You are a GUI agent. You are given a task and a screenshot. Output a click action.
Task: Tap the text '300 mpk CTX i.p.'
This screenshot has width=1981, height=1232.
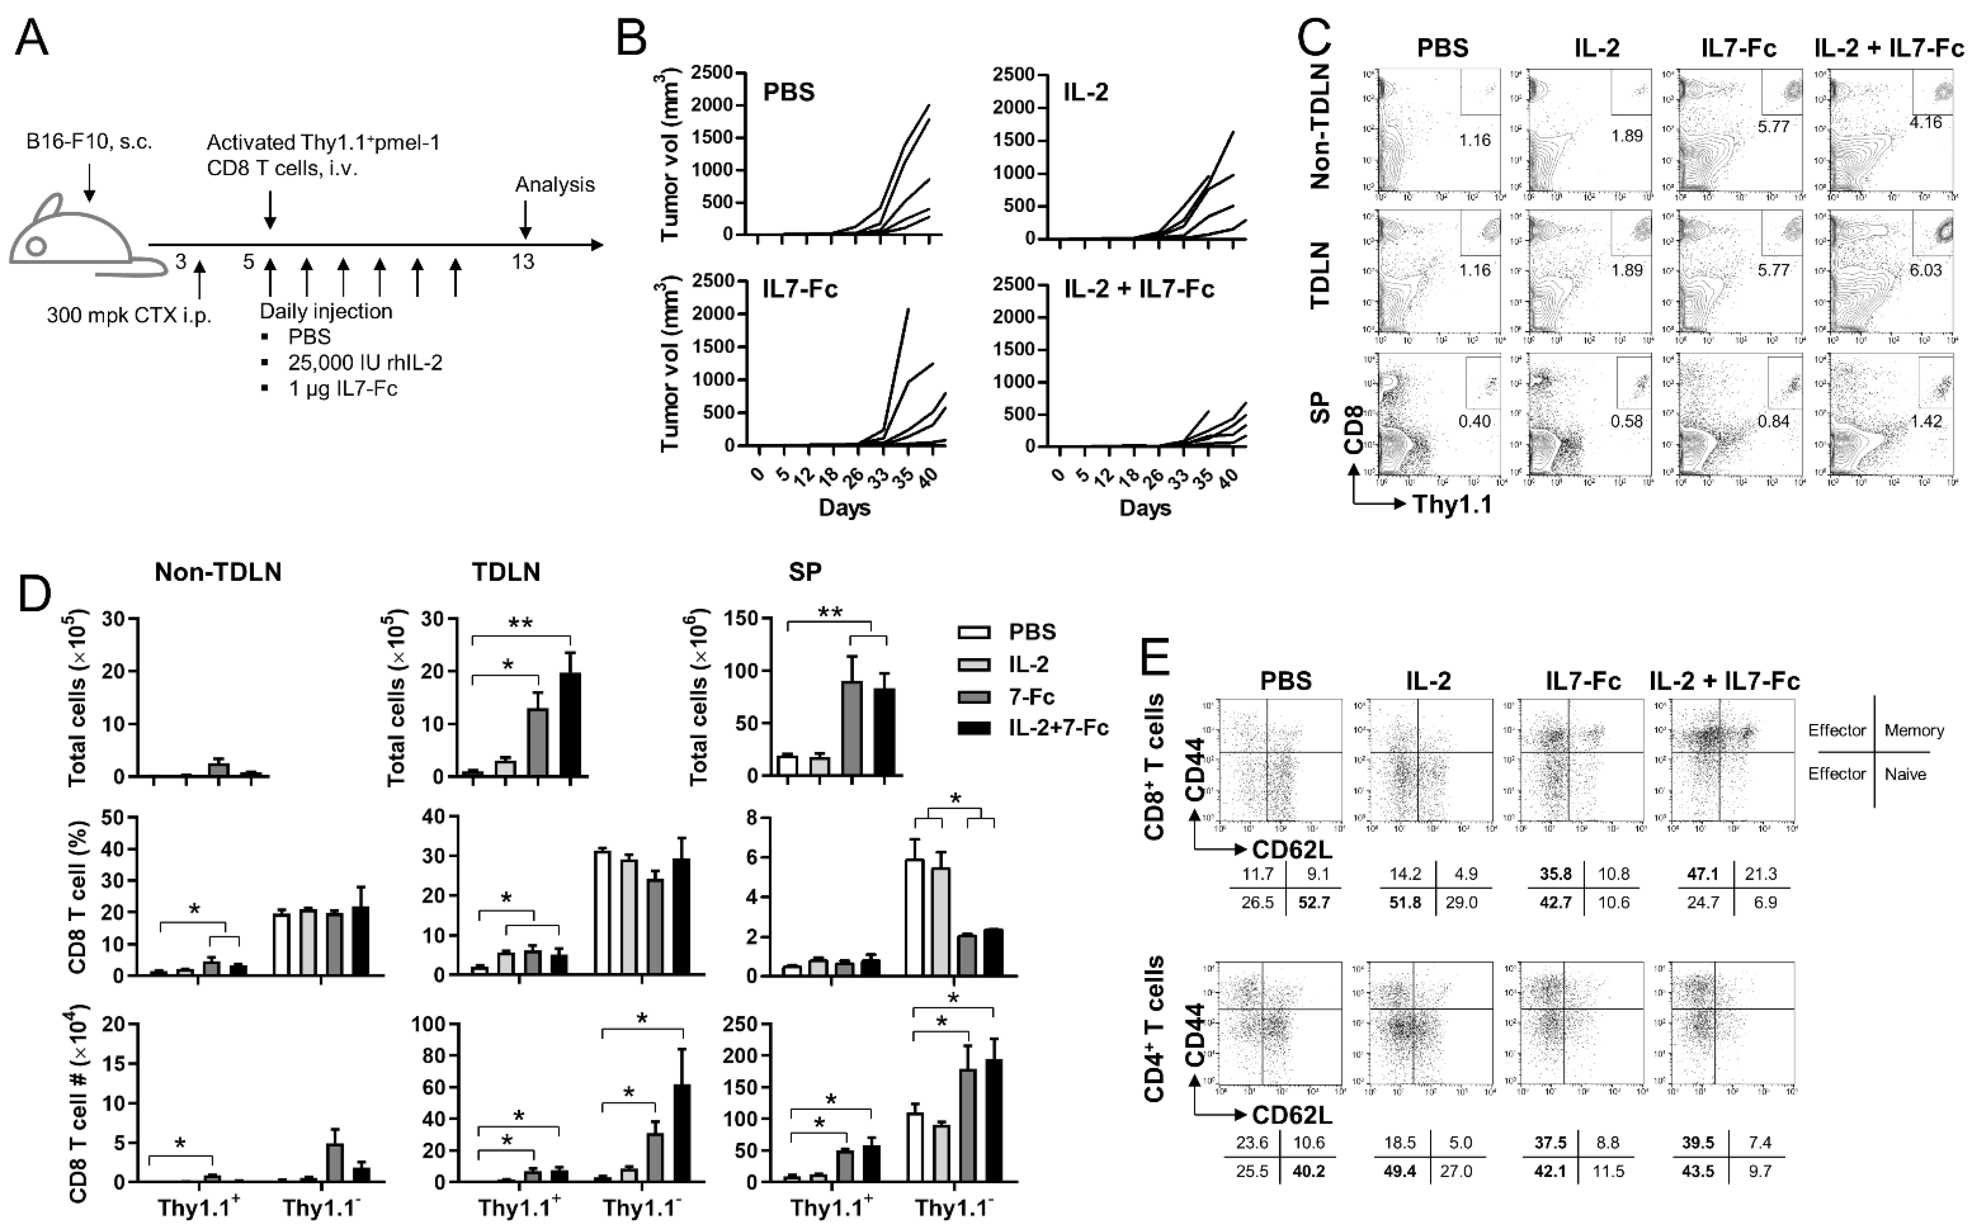(x=129, y=316)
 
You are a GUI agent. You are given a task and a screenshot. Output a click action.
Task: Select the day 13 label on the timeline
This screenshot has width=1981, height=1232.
(x=523, y=262)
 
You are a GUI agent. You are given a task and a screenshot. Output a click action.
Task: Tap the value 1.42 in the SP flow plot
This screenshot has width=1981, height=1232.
(x=1925, y=421)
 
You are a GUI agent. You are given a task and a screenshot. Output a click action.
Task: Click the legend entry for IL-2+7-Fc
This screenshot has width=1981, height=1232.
(x=1058, y=728)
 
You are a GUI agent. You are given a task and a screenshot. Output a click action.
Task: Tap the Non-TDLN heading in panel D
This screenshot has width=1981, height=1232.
(x=218, y=572)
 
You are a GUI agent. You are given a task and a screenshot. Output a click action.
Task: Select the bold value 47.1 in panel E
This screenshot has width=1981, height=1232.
(x=1703, y=874)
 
